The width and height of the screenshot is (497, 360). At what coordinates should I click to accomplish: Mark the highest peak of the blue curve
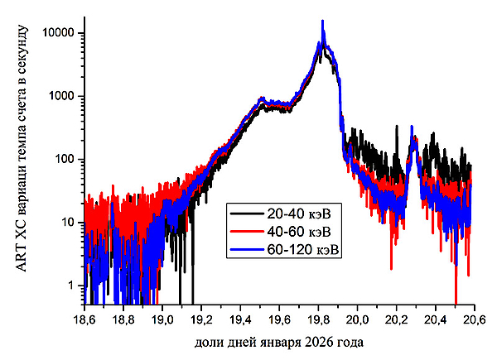point(322,22)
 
